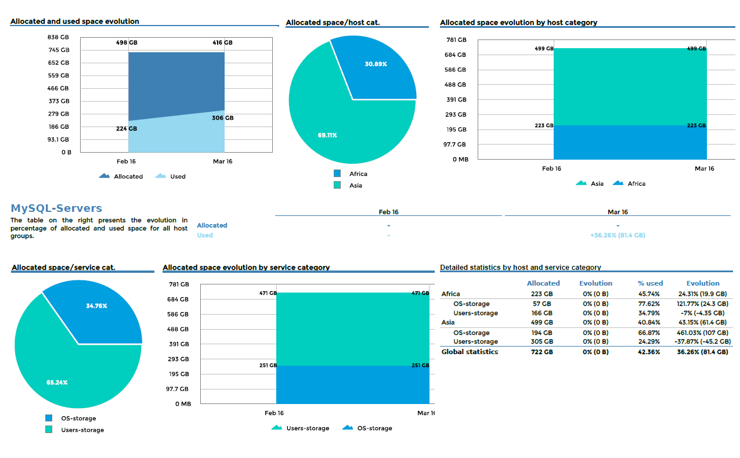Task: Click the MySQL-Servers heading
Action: pos(56,208)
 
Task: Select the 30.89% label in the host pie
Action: pos(376,64)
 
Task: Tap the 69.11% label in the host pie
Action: pos(327,135)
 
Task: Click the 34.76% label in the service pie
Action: pos(96,306)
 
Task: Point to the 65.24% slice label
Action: pos(57,383)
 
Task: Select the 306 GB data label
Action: pos(223,118)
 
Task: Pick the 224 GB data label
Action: pos(127,129)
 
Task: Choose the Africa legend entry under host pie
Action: pos(358,174)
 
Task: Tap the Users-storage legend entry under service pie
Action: pos(82,430)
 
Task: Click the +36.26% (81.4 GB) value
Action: pos(618,235)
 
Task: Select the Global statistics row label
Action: pos(470,352)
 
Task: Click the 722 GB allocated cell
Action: pos(542,352)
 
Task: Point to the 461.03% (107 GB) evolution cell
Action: pos(702,333)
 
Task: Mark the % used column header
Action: pos(649,283)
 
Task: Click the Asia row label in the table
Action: pos(448,322)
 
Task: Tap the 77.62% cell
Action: pos(649,304)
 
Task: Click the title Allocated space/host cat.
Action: pos(333,23)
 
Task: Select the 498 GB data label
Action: pos(127,42)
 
